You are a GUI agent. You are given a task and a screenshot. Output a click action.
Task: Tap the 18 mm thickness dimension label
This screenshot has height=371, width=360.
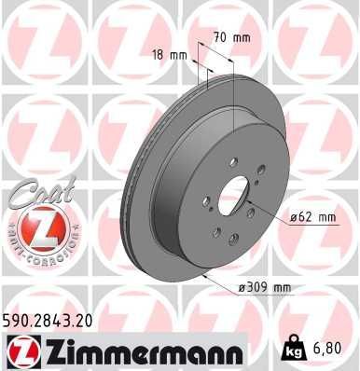[173, 55]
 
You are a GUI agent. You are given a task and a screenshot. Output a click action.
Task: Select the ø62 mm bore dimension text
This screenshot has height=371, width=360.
[312, 217]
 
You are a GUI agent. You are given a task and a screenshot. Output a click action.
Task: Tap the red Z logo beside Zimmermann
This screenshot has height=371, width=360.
[21, 350]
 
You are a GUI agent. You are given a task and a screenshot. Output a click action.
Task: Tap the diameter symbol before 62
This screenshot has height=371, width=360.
[294, 217]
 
